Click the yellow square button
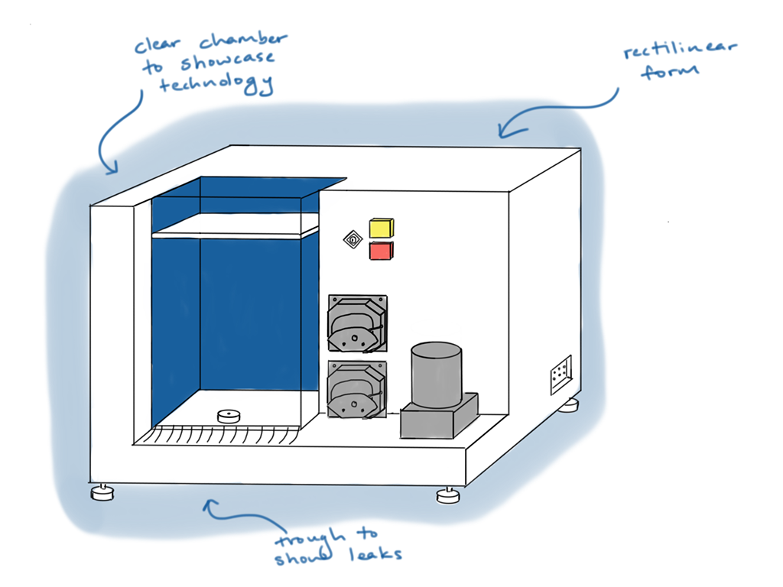(381, 228)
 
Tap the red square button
(381, 251)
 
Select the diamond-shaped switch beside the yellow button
(353, 240)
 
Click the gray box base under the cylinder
(439, 418)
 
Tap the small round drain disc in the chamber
(229, 417)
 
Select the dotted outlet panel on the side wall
(560, 375)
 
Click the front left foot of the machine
(102, 492)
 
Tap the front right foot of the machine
(449, 496)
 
